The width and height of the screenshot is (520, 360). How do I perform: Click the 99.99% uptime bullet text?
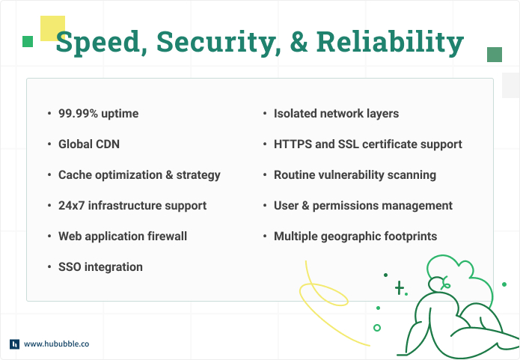coord(98,114)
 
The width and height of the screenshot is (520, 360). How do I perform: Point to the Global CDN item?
coord(89,144)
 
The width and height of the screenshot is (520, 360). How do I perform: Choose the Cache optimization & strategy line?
coord(139,175)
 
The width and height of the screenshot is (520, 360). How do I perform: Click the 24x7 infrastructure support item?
coord(132,205)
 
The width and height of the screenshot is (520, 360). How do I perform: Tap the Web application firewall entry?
coord(123,236)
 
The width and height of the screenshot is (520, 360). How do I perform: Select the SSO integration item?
coord(100,266)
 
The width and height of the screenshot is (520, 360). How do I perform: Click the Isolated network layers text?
coord(336,114)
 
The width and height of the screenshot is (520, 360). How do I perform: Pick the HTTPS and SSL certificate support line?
coord(367,144)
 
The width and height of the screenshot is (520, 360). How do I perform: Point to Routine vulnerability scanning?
coord(355,175)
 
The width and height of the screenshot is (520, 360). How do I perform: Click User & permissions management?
coord(363,205)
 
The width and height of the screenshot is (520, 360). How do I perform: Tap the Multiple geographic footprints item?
coord(355,236)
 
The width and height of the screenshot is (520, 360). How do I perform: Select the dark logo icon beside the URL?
coord(14,344)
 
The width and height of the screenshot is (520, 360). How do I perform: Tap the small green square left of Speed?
coord(28,41)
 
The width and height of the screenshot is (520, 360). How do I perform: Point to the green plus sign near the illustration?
coord(400,288)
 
